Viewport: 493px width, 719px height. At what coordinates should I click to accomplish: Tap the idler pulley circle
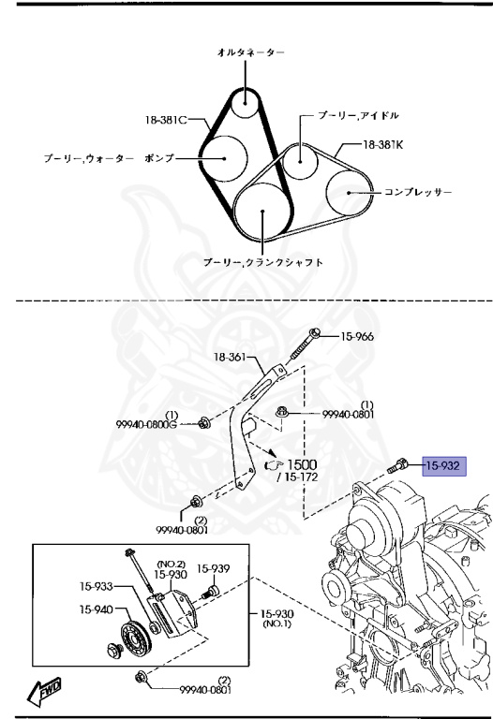point(300,156)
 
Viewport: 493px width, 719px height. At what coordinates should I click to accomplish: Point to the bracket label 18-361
point(232,357)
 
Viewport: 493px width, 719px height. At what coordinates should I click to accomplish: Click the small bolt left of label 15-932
point(396,466)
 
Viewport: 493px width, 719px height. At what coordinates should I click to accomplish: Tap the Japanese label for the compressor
point(418,192)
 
